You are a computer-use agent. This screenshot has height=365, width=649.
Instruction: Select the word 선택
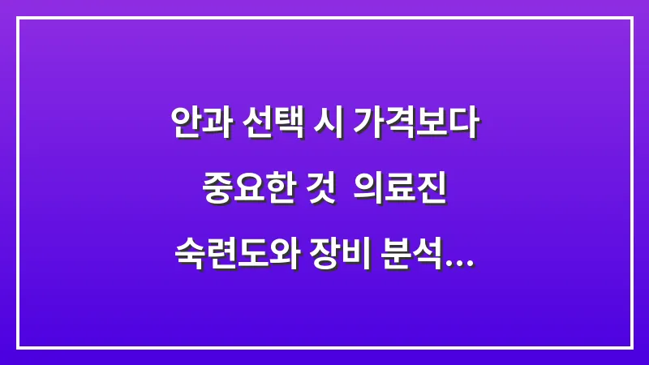tap(272, 126)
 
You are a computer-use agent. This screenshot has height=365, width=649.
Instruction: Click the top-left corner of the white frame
tap(18, 18)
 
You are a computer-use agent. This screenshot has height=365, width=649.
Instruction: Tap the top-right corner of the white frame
tap(631, 18)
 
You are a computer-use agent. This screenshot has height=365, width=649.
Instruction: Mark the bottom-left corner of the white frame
tap(18, 347)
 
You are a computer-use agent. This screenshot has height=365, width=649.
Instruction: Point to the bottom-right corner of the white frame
tap(631, 347)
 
